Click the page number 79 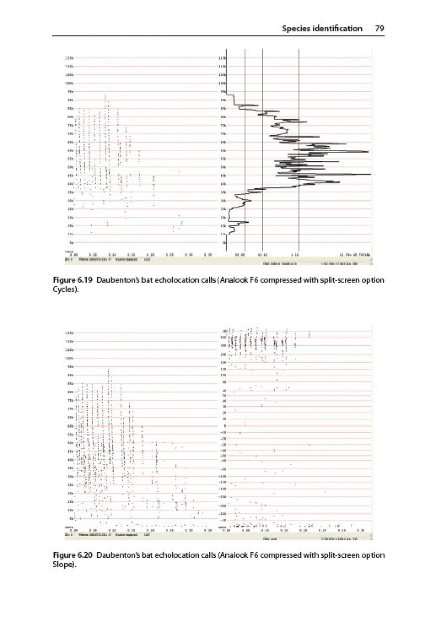[x=380, y=28]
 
